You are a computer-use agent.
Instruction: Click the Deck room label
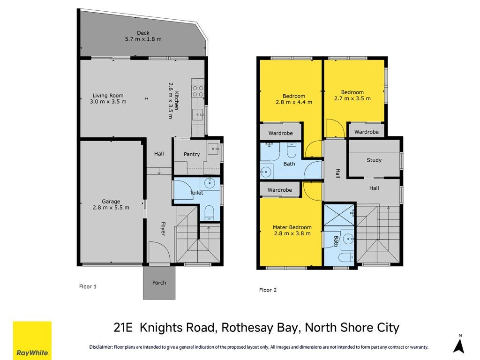tap(143, 33)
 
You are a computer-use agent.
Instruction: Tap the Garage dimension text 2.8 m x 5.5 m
tap(111, 207)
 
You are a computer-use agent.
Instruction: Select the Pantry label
tap(192, 154)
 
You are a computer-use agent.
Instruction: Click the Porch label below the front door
tap(159, 283)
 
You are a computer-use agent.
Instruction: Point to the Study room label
tap(374, 160)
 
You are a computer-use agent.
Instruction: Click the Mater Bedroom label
tap(292, 227)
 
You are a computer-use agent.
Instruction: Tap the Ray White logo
tap(32, 340)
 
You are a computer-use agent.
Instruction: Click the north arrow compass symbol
tap(459, 346)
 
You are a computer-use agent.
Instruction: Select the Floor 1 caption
tap(88, 286)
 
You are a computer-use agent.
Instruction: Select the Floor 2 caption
tap(268, 290)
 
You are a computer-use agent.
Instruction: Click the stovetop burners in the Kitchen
tap(198, 91)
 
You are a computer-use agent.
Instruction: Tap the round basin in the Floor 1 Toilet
tap(210, 184)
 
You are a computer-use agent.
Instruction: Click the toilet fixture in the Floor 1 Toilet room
tap(210, 213)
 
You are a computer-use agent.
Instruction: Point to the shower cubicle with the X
tap(339, 215)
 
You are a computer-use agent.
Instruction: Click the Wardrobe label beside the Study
tap(367, 132)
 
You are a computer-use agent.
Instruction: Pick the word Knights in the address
tap(177, 328)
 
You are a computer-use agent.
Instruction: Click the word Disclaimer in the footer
tap(101, 347)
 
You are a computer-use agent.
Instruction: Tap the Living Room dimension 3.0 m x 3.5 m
tap(108, 101)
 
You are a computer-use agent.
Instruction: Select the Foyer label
tap(163, 229)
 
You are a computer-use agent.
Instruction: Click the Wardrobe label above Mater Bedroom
tap(279, 190)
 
